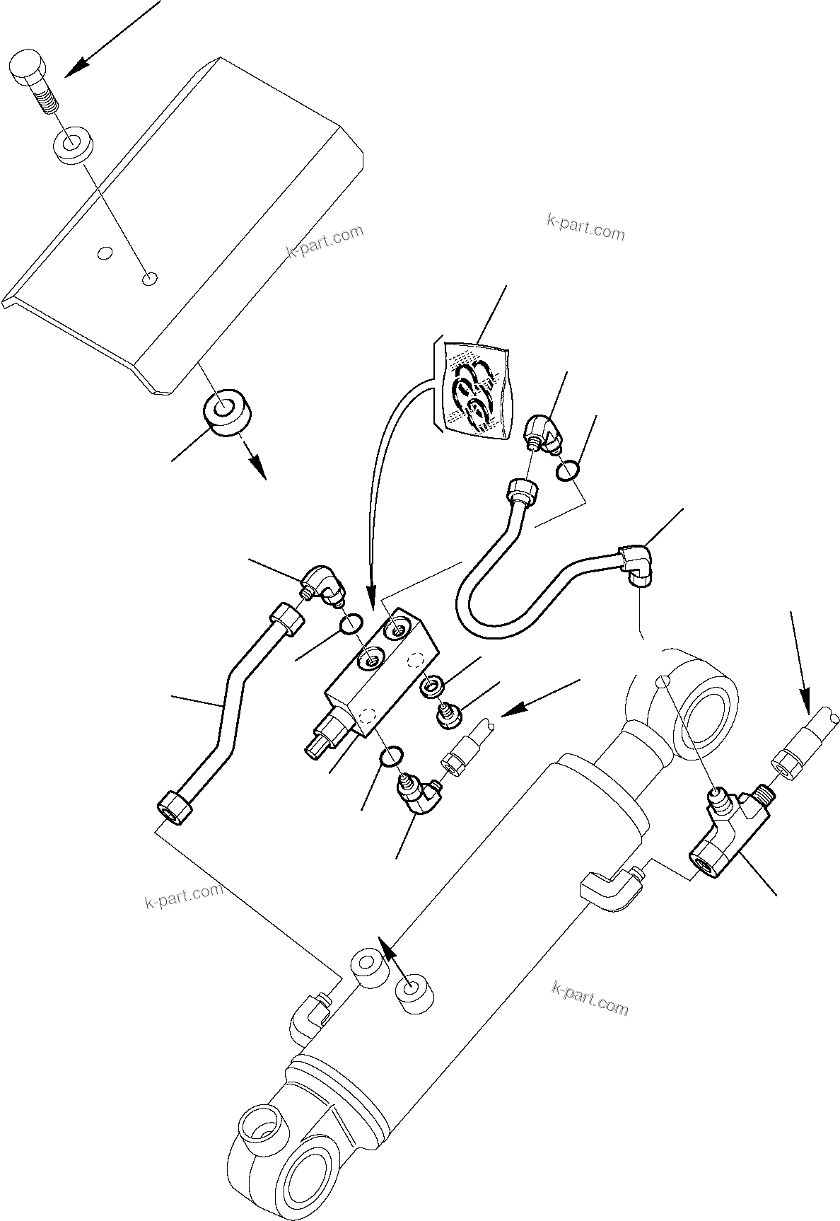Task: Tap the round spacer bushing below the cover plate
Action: tap(228, 411)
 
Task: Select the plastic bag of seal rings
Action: tap(471, 386)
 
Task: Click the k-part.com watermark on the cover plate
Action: tap(325, 242)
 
